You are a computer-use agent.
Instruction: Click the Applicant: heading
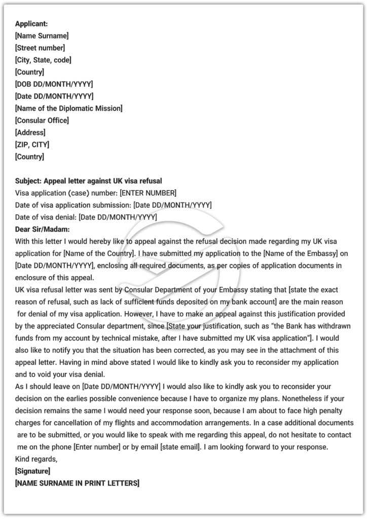pos(31,24)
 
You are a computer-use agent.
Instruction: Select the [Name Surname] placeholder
pos(42,35)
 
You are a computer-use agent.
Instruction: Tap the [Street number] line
pos(40,48)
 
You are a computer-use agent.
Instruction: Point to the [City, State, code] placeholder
pos(43,60)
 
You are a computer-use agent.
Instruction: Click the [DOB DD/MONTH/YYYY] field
pos(54,84)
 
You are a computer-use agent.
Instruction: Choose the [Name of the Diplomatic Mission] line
pos(69,108)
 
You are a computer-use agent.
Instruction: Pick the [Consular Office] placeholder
pos(42,120)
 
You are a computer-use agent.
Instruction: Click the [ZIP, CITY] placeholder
pos(32,144)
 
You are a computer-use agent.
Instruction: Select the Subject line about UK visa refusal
pos(89,181)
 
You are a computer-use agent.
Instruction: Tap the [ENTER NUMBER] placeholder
pos(148,193)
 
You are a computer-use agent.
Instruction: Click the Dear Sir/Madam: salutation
pos(43,229)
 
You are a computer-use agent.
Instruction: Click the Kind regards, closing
pos(36,459)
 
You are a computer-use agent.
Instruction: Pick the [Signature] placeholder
pos(32,471)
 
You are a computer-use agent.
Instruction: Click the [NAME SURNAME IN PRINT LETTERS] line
pos(77,484)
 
